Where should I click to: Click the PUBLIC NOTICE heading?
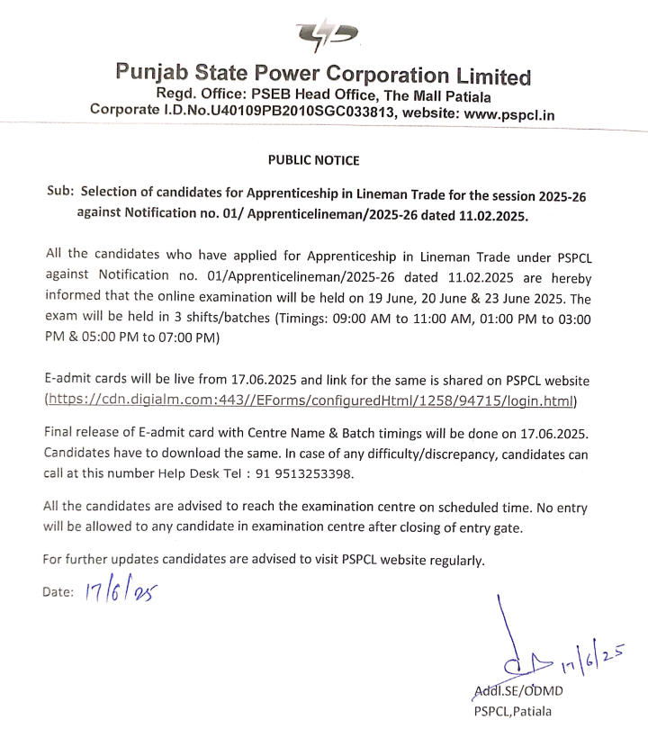pos(313,160)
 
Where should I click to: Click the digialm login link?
pos(310,400)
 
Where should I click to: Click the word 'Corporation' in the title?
pos(379,75)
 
